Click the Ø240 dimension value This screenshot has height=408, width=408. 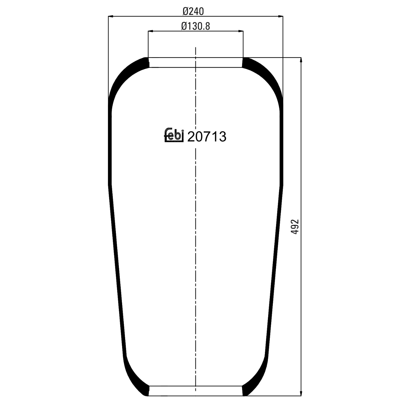tap(193, 11)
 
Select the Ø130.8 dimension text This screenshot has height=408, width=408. tap(195, 26)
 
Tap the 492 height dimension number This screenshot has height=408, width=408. tap(295, 226)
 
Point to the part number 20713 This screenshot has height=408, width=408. tap(207, 137)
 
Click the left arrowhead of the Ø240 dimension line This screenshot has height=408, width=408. tap(110, 17)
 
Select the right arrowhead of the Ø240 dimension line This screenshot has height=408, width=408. tap(281, 17)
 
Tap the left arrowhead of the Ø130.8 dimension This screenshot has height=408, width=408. tap(150, 31)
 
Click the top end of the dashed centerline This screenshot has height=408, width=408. tap(196, 48)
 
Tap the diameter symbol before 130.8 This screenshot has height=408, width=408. tap(184, 26)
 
